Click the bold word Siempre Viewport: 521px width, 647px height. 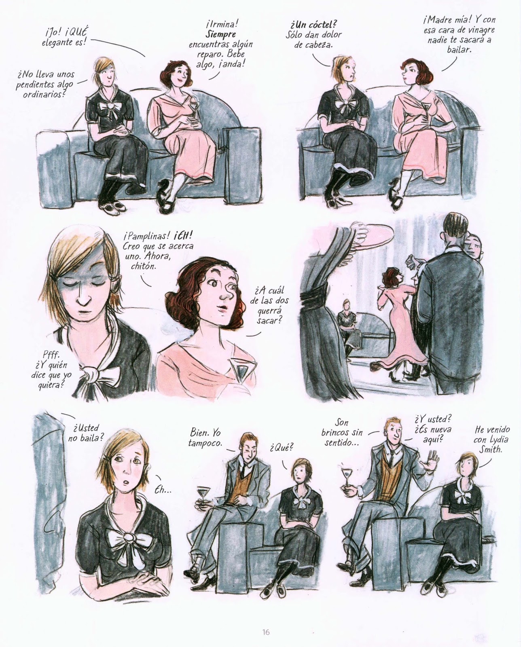click(x=221, y=34)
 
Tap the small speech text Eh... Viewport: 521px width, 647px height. click(x=163, y=491)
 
